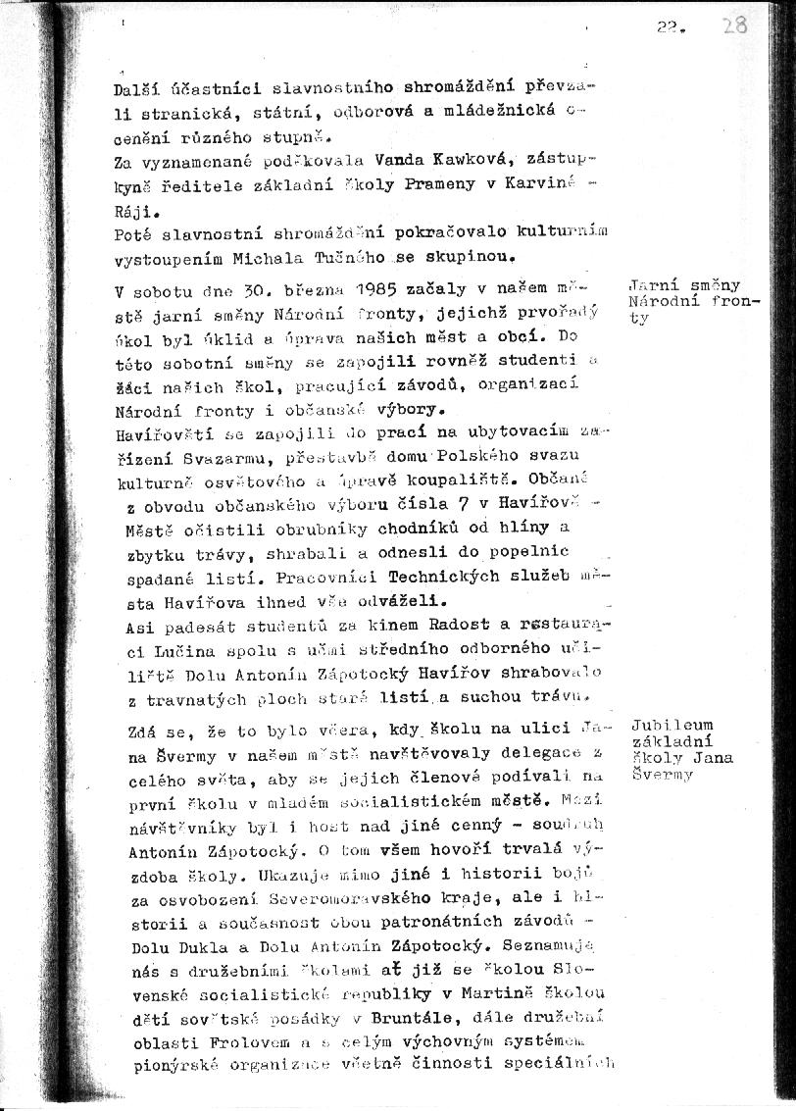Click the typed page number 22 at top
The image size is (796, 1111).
point(670,28)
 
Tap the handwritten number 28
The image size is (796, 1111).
point(734,25)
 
